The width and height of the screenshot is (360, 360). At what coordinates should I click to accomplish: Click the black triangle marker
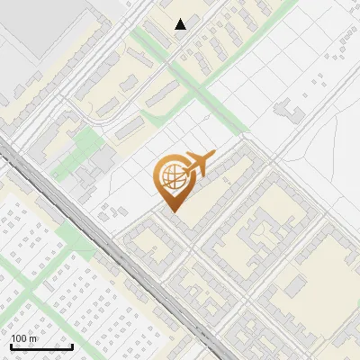click(181, 24)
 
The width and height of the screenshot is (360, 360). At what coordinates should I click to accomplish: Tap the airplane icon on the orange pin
click(196, 166)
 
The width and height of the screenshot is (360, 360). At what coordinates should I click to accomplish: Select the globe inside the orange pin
click(172, 177)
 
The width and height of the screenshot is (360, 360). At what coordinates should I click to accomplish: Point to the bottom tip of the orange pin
click(173, 211)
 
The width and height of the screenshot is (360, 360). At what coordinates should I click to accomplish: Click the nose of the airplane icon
click(213, 157)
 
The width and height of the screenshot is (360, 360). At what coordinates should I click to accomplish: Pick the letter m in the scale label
click(33, 338)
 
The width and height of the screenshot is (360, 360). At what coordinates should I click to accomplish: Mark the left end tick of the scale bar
click(11, 346)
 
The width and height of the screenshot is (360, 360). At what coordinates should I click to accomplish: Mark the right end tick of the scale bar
click(72, 346)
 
